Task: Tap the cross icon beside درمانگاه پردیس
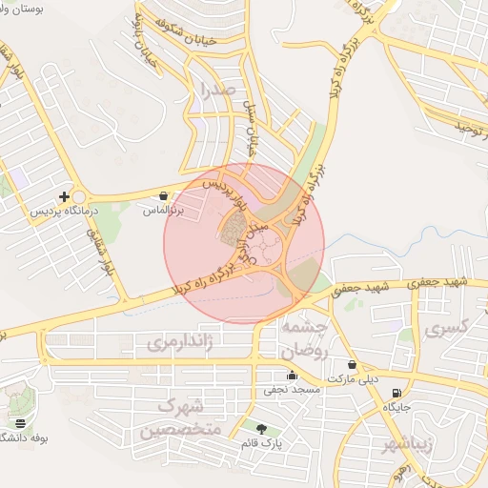(x=64, y=196)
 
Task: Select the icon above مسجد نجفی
(x=291, y=376)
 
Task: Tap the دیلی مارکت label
(x=349, y=378)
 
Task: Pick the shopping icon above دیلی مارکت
(x=352, y=365)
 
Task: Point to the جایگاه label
(x=396, y=407)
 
